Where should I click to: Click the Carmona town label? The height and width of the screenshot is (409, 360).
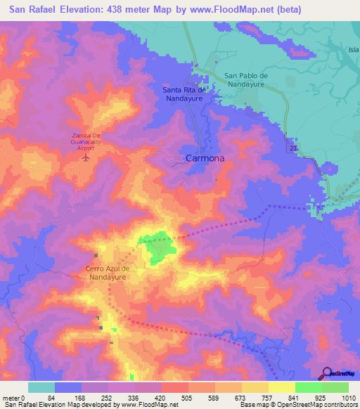pos(205,159)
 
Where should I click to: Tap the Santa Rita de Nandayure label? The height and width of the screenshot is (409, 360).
pos(184,94)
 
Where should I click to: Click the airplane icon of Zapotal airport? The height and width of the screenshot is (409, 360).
pos(86,157)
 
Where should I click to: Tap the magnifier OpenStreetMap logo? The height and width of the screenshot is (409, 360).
pos(326,374)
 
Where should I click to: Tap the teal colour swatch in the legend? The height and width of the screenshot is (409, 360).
pos(41,387)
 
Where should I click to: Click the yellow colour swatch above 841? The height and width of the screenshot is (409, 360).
pos(282,387)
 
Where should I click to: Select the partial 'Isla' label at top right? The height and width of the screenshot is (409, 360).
pos(353,50)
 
